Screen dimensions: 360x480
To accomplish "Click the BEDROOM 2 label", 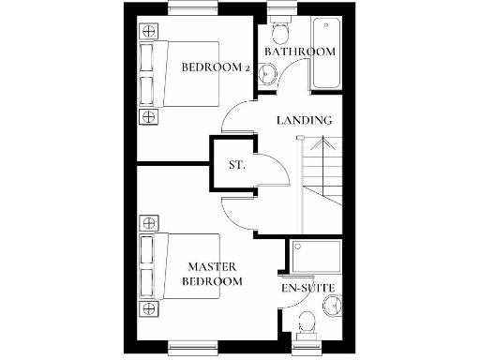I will coord(214,67).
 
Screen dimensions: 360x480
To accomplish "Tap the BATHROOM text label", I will coord(299,52).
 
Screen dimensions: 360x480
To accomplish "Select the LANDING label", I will coord(304,120).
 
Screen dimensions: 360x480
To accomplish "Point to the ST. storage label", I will coord(237,165).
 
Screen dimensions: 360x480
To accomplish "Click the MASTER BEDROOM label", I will coord(214,274).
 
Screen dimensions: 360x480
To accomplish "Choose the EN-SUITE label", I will coord(308,288).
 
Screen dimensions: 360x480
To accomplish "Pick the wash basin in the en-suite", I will coord(330,304).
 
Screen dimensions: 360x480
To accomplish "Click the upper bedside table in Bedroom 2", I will coord(148,31).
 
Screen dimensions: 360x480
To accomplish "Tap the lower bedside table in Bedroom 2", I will coord(148,116).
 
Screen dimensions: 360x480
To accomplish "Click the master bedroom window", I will coord(194,346).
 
